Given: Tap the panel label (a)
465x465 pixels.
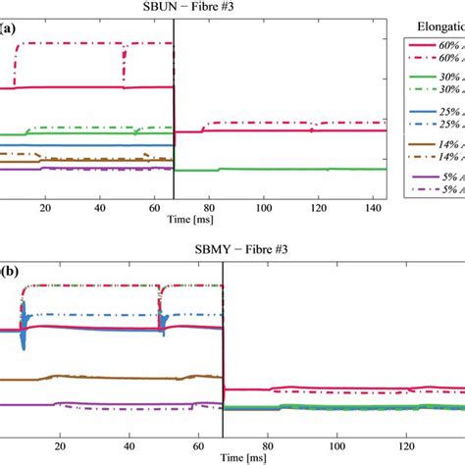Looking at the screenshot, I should click(9, 29).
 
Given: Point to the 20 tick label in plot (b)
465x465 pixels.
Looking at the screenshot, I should click(60, 443).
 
